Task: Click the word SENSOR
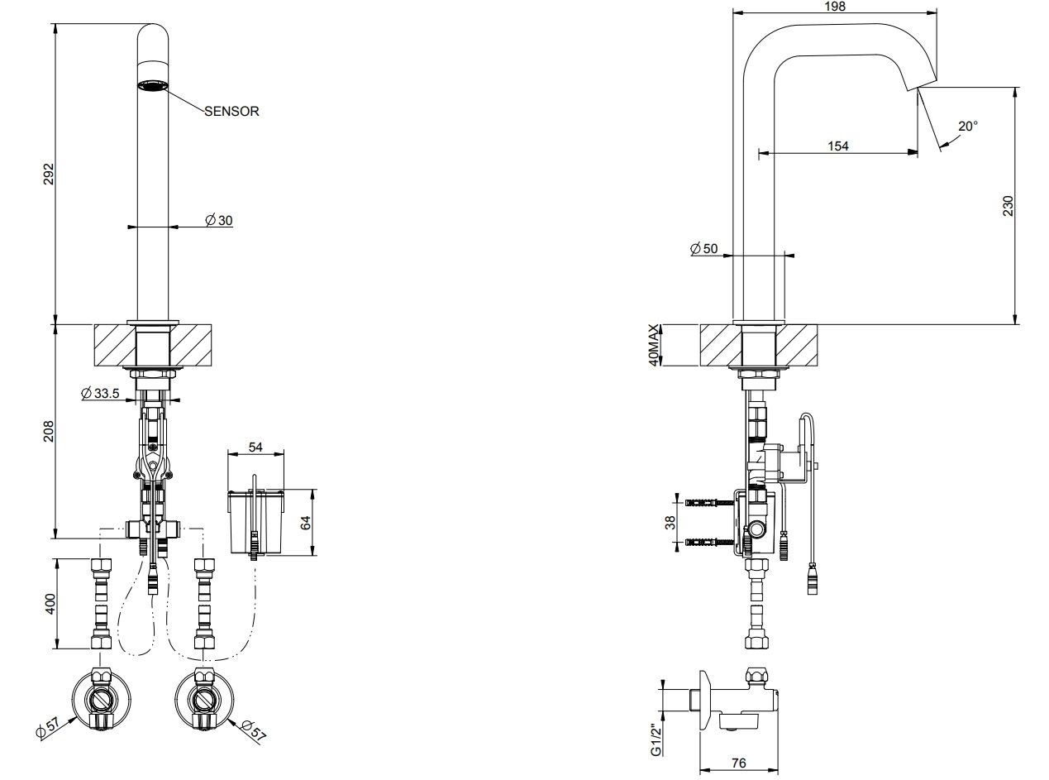tap(232, 111)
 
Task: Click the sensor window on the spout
tap(152, 86)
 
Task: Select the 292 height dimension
tap(48, 174)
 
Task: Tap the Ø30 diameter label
tap(219, 220)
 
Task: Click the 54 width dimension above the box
tap(255, 447)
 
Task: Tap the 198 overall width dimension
tap(835, 7)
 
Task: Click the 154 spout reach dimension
tap(838, 146)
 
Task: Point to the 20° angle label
tap(967, 126)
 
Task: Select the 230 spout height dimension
tap(1008, 205)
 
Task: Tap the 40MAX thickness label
tap(654, 345)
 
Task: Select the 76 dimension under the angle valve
tap(738, 763)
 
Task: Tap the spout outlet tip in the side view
tap(919, 86)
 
